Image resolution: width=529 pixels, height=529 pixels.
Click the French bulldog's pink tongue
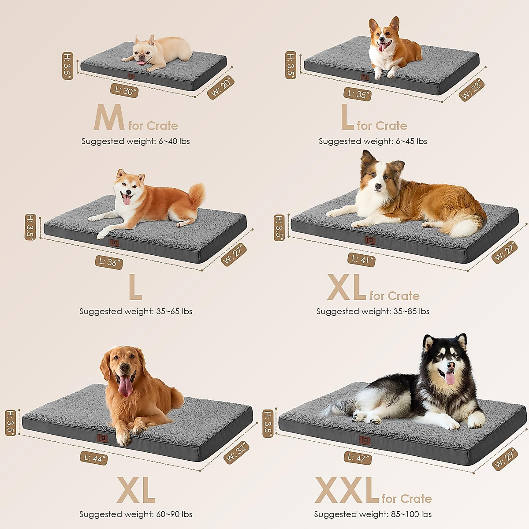click(142, 63)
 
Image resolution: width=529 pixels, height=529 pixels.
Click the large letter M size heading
click(109, 118)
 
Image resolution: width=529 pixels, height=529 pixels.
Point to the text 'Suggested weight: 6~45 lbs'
click(373, 142)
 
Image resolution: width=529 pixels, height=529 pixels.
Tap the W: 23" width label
click(472, 90)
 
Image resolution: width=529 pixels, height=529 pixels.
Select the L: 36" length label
click(108, 262)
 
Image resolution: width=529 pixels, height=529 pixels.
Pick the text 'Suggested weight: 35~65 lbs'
click(136, 311)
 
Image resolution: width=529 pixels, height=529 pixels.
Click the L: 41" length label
click(361, 260)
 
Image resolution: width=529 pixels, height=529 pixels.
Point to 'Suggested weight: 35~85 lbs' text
click(373, 311)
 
